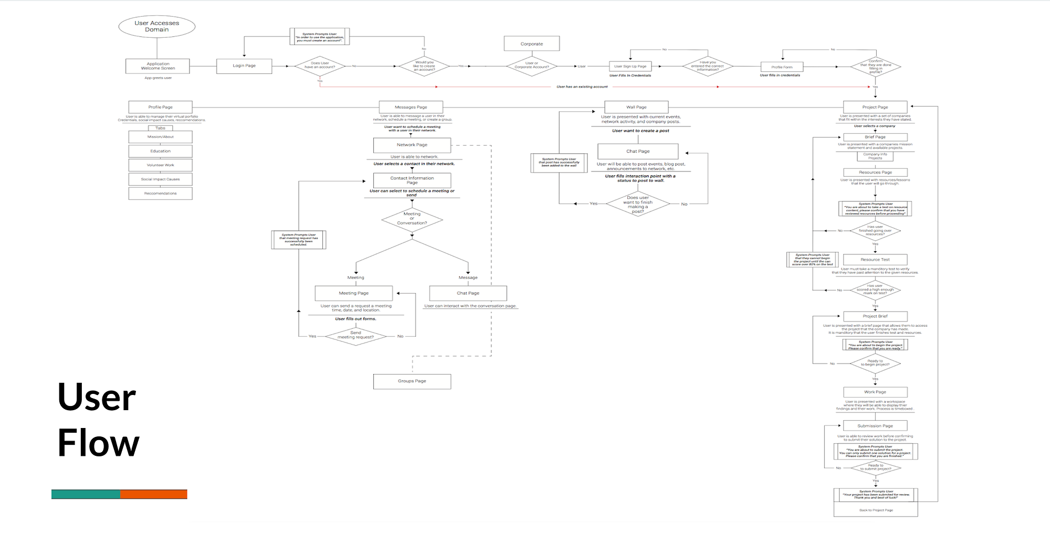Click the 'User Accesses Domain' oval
point(156,26)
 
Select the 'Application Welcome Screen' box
point(157,66)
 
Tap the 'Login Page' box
point(244,66)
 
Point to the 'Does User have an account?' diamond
point(320,66)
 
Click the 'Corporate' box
point(531,44)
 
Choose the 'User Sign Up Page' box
point(630,66)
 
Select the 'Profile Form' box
point(782,67)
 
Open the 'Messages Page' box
point(411,107)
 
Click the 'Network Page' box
point(412,145)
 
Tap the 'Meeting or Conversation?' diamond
point(412,219)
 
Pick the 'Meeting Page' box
point(353,293)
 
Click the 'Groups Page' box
point(412,381)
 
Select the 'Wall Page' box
point(636,107)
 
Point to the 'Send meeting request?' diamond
point(355,335)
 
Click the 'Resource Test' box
point(875,260)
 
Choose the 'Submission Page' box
point(875,426)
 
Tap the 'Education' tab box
point(160,151)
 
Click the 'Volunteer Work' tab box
point(160,165)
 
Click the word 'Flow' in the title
point(98,443)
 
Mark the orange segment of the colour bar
point(153,494)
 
